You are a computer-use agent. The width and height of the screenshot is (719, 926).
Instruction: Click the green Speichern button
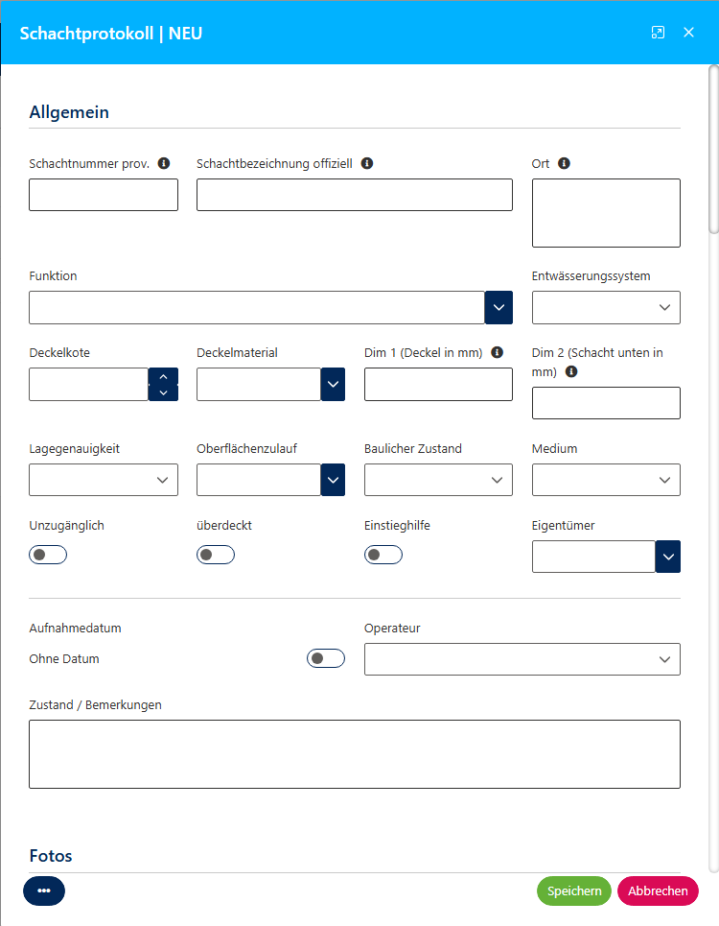tap(573, 890)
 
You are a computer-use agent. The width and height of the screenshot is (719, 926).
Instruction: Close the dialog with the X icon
tap(688, 33)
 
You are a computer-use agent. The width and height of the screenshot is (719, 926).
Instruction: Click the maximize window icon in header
tap(658, 33)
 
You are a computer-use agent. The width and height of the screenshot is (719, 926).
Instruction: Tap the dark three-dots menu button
tap(44, 890)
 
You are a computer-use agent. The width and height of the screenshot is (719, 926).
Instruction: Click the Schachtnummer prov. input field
tap(104, 195)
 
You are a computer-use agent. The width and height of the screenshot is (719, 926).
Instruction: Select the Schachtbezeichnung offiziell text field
tap(354, 195)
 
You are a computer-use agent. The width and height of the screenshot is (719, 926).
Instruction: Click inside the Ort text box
tap(606, 213)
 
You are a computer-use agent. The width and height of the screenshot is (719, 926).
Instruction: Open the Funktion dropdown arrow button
tap(499, 307)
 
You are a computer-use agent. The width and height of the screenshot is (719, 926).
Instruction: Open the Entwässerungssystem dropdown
tap(606, 307)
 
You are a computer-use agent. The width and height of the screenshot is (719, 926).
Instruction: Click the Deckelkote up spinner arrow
tap(163, 376)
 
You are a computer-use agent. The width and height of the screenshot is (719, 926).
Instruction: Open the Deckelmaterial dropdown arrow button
tap(332, 384)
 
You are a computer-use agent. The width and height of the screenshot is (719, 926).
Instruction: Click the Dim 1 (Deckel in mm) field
tap(438, 384)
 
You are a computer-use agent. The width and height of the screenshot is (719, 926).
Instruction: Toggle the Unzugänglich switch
tap(48, 554)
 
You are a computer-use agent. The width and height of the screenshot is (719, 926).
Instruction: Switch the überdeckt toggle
tap(216, 554)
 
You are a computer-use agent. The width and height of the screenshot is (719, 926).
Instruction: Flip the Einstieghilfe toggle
tap(383, 554)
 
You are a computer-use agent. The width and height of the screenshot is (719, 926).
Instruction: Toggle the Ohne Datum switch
tap(326, 658)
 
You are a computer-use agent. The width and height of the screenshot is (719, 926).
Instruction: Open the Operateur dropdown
tap(522, 659)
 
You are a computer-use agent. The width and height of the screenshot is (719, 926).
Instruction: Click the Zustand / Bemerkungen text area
tap(355, 754)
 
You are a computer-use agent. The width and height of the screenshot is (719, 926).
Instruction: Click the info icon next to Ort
tap(564, 163)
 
